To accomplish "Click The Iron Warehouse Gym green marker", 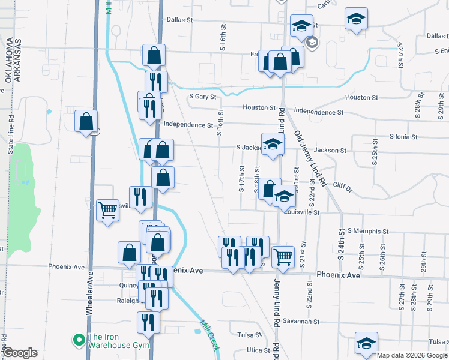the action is [x=78, y=340].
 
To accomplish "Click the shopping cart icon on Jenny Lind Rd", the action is [x=283, y=257].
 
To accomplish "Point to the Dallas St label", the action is [x=180, y=20].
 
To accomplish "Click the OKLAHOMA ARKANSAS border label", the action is [x=14, y=60].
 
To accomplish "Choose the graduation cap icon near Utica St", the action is [x=366, y=343].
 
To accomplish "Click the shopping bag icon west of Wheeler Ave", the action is [x=86, y=121].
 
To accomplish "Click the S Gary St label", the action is [x=202, y=96].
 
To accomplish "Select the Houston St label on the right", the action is [x=361, y=97].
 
